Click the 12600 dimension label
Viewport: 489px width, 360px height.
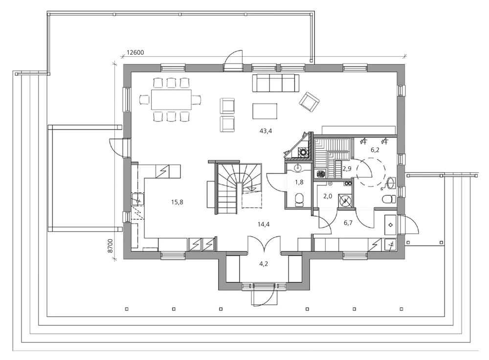pos(135,52)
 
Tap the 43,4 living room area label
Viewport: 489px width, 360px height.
pos(266,131)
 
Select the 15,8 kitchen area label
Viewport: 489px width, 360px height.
pos(177,202)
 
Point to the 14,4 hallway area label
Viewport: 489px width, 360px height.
pos(264,224)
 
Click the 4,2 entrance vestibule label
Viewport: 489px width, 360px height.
pos(264,264)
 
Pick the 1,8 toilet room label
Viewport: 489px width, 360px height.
pos(299,182)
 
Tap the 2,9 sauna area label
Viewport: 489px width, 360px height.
pos(347,169)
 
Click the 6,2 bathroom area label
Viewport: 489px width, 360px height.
pos(375,150)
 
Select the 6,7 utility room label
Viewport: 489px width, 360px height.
pos(348,223)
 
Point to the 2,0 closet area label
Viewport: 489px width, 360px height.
pos(328,196)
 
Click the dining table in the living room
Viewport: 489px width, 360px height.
pos(171,99)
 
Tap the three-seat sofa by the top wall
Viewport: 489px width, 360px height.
pos(276,83)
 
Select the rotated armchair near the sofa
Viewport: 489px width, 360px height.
pos(309,102)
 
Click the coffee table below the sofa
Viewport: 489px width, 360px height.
pos(265,111)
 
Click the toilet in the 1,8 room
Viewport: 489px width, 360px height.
pos(299,200)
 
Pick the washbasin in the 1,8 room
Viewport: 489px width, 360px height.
pos(299,168)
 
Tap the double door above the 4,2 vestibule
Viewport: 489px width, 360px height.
pos(264,244)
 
